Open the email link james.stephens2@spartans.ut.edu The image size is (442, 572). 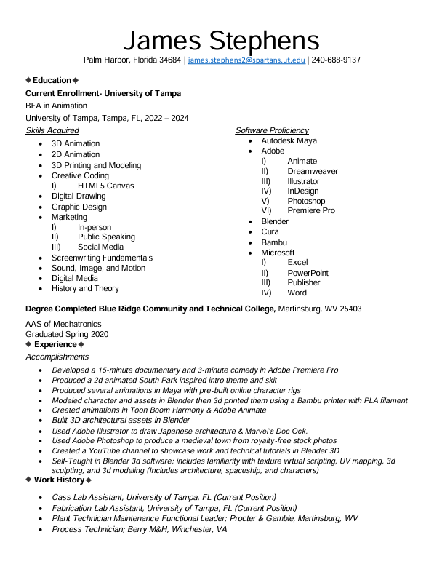pos(246,60)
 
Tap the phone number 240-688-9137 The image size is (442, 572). pos(336,60)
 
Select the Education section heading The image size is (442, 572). pos(52,80)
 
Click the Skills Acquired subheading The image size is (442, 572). pos(52,130)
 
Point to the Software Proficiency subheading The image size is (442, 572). pos(272,130)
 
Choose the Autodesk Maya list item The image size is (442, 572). pos(289,140)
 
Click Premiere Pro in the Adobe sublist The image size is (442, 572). pos(311,211)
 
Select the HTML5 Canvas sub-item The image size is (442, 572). pos(105,186)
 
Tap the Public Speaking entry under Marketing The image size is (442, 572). pos(106,237)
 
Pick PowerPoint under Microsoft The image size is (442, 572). pos(308,273)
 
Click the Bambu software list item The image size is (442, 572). pos(274,242)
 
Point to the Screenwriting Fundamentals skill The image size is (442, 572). pos(102,258)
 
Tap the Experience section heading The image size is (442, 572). pos(55,344)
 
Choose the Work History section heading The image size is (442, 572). pos(58,480)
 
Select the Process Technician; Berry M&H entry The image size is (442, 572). pos(139,529)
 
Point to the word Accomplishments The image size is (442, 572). pos(57,357)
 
